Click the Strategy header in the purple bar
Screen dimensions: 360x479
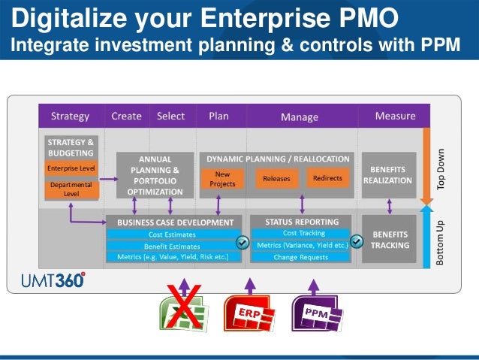pyautogui.click(x=70, y=116)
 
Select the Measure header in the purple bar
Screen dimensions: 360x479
pyautogui.click(x=395, y=116)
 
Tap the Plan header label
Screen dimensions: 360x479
pyautogui.click(x=218, y=116)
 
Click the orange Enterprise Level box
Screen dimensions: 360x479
pyautogui.click(x=71, y=168)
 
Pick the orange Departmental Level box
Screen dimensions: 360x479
pyautogui.click(x=71, y=189)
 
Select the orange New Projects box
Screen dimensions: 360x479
pyautogui.click(x=222, y=179)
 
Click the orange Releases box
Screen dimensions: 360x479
pyautogui.click(x=276, y=180)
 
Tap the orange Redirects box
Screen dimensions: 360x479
pyautogui.click(x=327, y=179)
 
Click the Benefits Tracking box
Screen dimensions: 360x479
pyautogui.click(x=389, y=240)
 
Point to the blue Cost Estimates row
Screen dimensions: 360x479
pyautogui.click(x=173, y=234)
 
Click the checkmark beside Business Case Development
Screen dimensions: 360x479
pyautogui.click(x=243, y=243)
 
